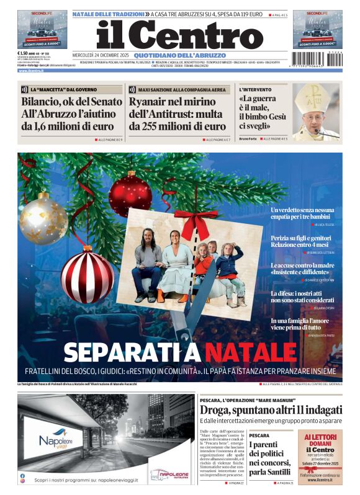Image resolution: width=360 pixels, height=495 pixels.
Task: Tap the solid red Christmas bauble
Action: point(130,194)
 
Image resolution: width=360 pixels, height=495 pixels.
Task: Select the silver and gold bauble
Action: point(43,218)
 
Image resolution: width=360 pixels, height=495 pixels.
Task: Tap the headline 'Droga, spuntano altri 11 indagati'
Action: point(271,410)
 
